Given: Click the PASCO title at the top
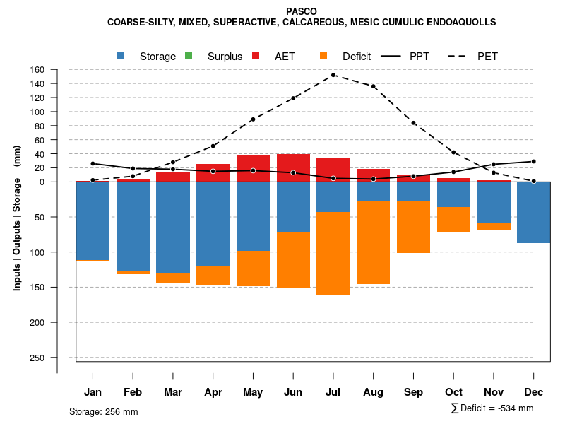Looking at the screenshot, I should [302, 11].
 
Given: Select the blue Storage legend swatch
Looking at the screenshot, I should [121, 56].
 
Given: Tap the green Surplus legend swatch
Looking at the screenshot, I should [189, 56].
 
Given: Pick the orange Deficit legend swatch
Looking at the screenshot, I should [323, 56].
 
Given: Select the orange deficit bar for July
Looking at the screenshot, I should [333, 253].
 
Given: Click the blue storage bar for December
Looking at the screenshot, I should [533, 212].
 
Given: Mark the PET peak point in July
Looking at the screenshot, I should [333, 75].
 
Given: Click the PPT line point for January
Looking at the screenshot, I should [93, 163].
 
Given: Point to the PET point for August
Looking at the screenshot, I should [373, 86].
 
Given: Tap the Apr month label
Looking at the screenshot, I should [213, 392].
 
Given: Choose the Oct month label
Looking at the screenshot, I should [453, 392].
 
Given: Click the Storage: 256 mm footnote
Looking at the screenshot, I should [103, 411].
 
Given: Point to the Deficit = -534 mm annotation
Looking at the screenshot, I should [492, 408].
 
